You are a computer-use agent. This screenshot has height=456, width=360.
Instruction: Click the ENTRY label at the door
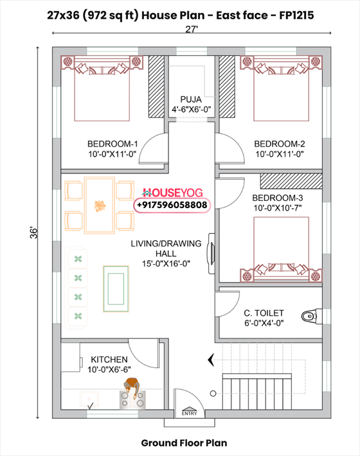[190, 414]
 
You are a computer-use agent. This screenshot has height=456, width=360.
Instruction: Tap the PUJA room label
[191, 100]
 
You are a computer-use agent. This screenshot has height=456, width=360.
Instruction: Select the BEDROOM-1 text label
[113, 144]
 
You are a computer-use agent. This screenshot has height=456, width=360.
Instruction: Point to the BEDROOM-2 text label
[279, 144]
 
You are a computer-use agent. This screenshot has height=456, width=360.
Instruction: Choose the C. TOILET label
[264, 313]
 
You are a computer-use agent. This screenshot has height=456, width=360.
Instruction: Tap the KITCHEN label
[109, 359]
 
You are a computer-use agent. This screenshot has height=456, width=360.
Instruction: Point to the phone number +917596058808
[172, 205]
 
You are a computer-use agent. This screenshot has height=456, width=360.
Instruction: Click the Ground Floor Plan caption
[184, 443]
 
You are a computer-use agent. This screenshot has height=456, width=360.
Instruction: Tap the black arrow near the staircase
[208, 360]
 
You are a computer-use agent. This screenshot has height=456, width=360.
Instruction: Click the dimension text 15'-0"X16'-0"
[166, 263]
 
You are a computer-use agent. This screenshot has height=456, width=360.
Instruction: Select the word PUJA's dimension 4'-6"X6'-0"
[191, 110]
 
